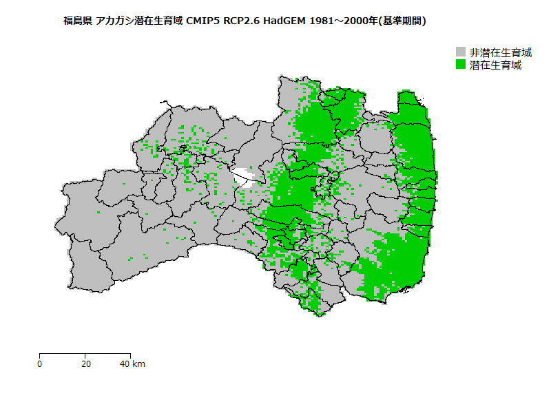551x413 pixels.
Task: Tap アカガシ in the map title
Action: [116, 21]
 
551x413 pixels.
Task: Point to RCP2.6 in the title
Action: [242, 21]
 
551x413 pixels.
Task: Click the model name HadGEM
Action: [284, 21]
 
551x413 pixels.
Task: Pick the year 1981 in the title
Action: [322, 21]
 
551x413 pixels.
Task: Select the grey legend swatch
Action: [461, 52]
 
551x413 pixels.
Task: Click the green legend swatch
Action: [461, 65]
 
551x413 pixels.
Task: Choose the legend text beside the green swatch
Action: [495, 65]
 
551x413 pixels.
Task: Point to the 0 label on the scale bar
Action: [40, 363]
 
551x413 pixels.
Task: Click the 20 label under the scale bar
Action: [85, 363]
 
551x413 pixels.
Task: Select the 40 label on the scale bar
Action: [125, 363]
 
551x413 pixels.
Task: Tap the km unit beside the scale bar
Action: [138, 363]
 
